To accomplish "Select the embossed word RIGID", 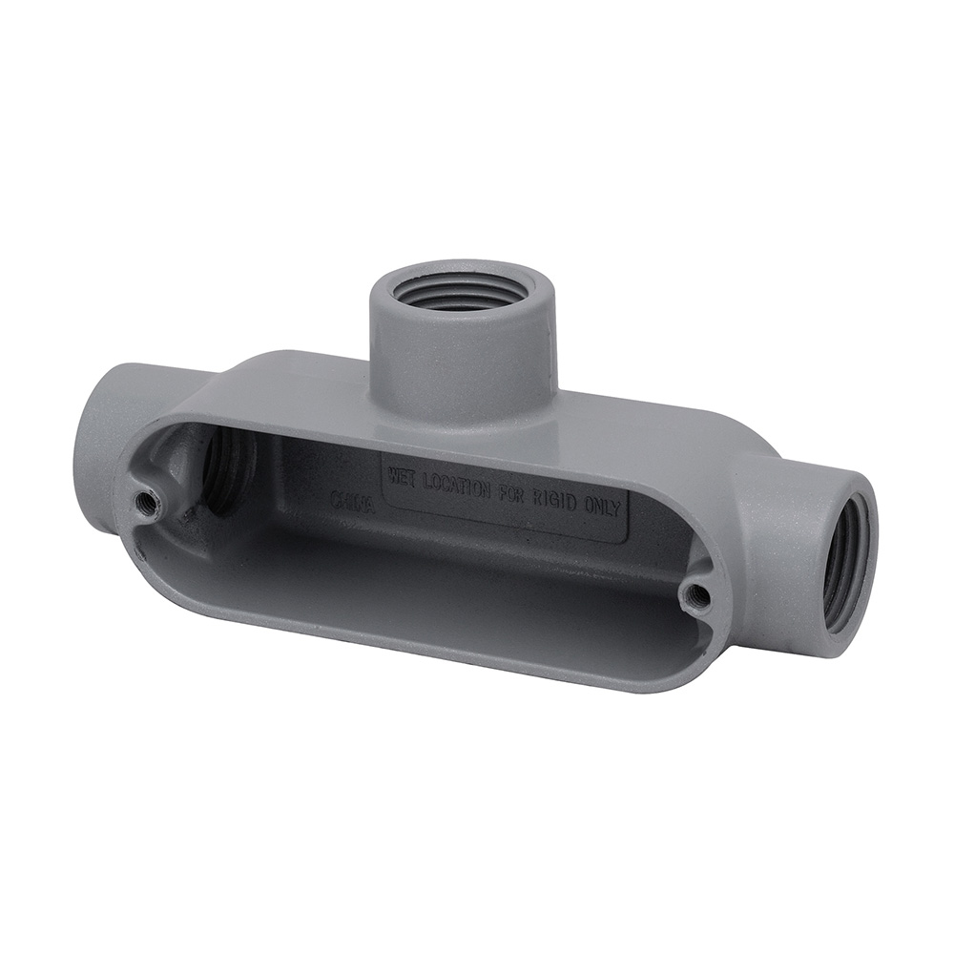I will pos(566,500).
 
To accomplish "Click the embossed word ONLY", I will pos(607,507).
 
